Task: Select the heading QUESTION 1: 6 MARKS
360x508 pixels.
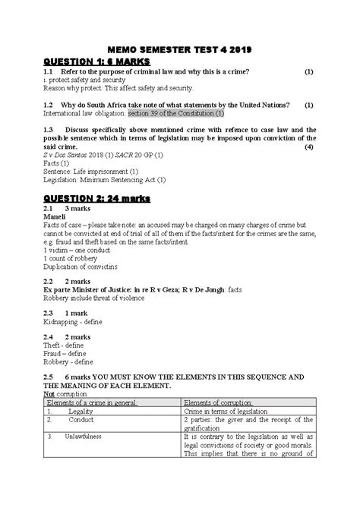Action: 97,62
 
